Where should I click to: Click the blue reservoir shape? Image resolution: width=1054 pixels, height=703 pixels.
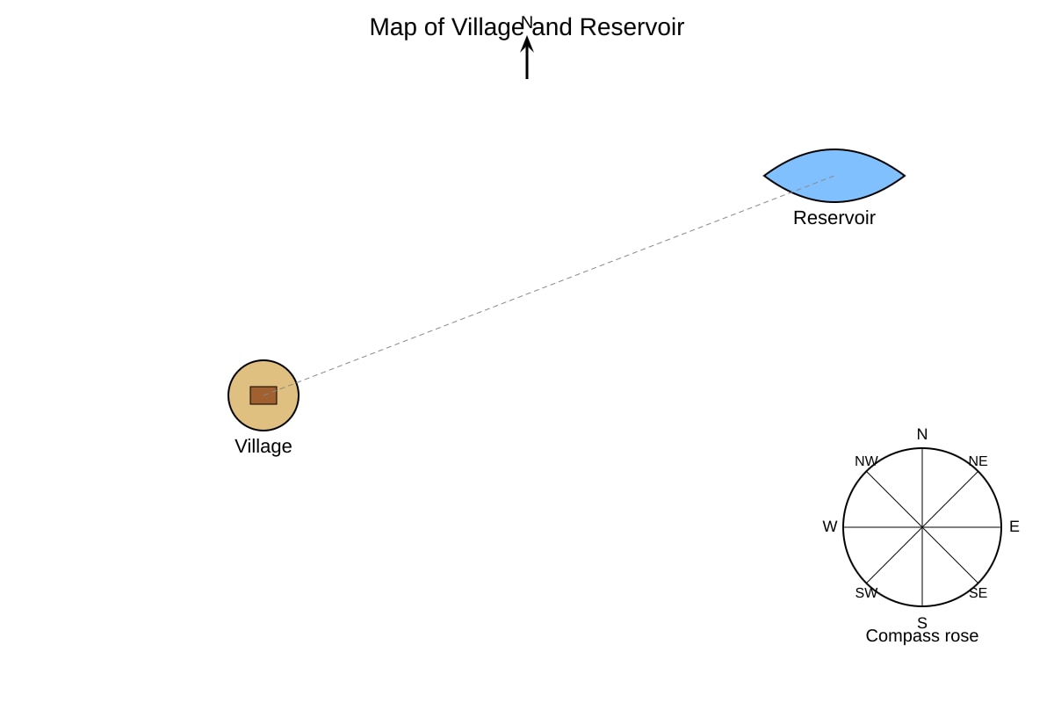pos(834,176)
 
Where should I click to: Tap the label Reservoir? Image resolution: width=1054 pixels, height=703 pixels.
pos(834,218)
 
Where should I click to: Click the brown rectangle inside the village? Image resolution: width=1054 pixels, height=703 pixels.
pos(263,395)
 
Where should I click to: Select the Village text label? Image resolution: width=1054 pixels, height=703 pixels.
pos(263,446)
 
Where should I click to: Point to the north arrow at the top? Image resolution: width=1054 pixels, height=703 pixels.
pos(527,57)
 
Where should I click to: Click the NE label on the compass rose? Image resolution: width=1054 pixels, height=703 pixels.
pos(978,461)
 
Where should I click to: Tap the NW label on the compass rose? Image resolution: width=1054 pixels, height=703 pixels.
pos(866,461)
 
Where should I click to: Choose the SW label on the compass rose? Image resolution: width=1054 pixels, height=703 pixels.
pos(866,593)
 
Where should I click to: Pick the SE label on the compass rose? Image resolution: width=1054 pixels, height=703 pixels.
pos(978,593)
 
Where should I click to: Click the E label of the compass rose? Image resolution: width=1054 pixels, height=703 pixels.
pos(1014,526)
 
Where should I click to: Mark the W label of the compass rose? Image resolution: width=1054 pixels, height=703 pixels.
pos(830,526)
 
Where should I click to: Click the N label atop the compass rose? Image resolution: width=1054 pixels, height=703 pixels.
pos(922,434)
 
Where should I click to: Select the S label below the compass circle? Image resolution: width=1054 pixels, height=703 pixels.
pos(922,622)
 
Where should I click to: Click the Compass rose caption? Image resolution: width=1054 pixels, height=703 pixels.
pos(922,636)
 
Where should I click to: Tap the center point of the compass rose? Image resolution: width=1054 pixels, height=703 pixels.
pos(922,527)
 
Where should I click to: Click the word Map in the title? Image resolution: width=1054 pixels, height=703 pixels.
pos(393,27)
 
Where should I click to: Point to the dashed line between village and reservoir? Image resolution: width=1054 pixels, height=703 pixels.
pos(549,286)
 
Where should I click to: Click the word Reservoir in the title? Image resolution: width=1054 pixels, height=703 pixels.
pos(632,27)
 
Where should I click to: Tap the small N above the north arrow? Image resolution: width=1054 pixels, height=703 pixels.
pos(527,22)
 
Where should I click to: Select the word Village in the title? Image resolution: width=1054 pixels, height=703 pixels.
pos(487,27)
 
